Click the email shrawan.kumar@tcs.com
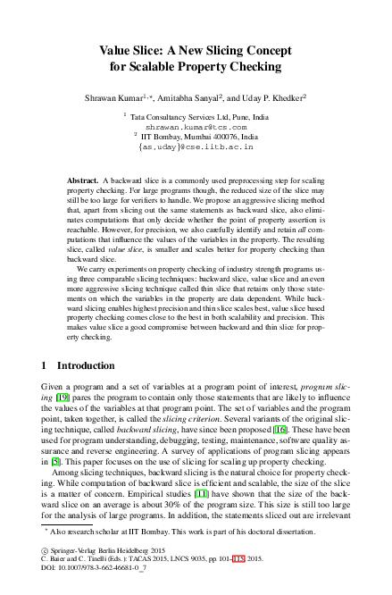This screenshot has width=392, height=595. pyautogui.click(x=196, y=128)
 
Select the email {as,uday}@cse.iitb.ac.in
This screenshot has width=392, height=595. pyautogui.click(x=196, y=145)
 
